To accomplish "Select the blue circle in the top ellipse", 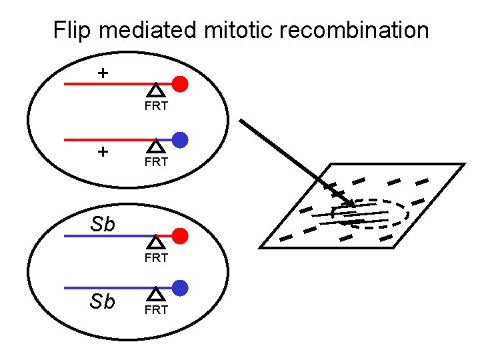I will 180,140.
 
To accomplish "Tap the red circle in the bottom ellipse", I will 180,236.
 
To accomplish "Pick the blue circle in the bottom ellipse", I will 180,288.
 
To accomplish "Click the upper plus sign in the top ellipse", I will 102,72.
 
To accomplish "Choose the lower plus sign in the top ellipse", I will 102,151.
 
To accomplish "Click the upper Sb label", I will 103,225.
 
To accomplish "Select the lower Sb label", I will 102,301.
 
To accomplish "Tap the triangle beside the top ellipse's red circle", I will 155,90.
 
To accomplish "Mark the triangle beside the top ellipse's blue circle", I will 155,145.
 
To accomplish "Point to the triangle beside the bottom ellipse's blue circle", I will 155,293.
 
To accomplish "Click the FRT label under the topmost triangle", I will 155,106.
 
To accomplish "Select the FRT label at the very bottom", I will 155,310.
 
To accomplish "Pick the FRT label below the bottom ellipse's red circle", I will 155,257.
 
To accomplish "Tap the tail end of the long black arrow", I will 241,121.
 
